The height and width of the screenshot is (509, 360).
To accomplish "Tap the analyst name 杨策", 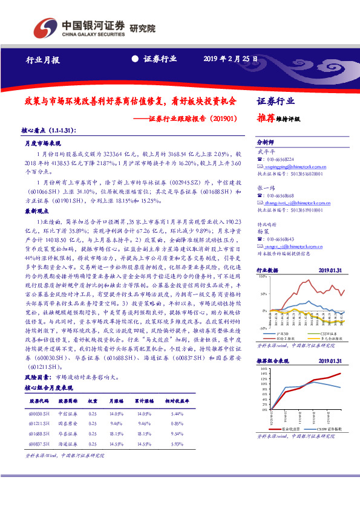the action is tap(262, 231).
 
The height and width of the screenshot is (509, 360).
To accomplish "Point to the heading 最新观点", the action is tap(34, 212).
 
